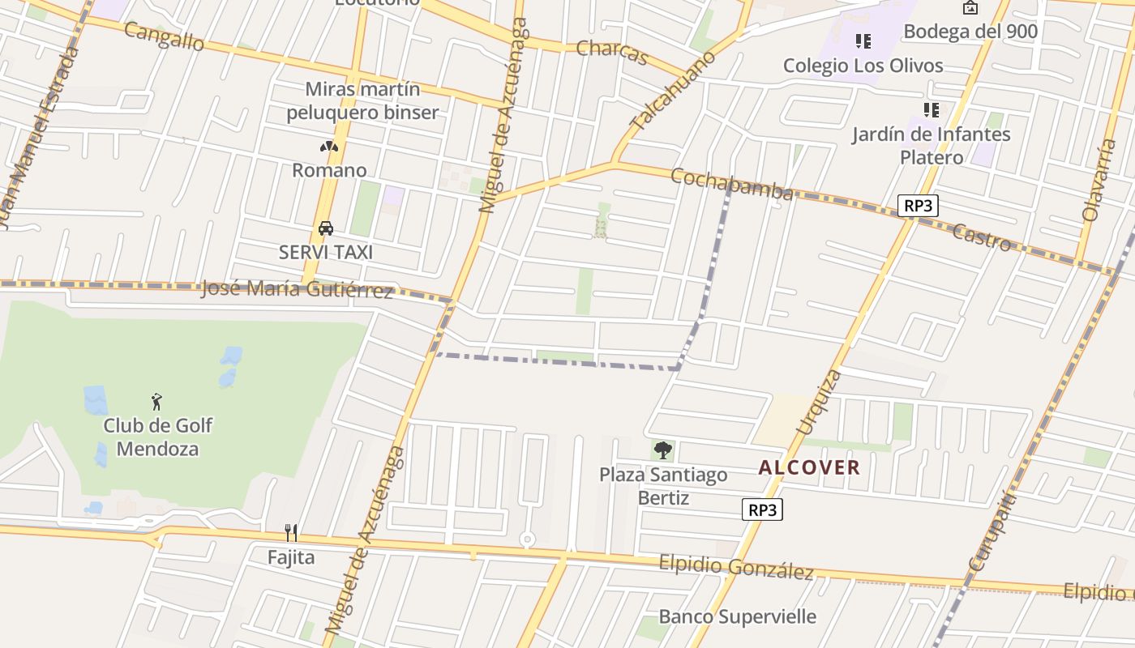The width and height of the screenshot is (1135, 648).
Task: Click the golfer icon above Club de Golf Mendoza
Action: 157,401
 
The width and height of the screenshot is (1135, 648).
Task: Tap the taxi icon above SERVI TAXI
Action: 326,228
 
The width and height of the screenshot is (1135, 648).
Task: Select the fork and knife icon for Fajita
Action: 291,532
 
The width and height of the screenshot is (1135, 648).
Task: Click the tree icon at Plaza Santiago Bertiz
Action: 663,450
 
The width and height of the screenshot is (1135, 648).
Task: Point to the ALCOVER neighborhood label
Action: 809,467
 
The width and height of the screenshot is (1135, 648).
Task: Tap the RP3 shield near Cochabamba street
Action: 918,206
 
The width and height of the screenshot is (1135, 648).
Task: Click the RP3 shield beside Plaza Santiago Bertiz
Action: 762,509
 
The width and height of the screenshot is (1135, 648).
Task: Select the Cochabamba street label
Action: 732,185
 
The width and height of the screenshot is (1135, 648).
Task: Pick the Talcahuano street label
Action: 673,91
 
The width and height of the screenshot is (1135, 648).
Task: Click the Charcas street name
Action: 612,52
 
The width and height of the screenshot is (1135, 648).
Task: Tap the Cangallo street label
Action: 164,36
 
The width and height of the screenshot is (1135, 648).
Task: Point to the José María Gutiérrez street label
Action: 297,289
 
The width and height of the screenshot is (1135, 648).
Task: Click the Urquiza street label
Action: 819,402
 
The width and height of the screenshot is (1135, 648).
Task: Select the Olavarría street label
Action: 1099,180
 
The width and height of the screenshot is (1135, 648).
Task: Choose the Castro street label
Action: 982,237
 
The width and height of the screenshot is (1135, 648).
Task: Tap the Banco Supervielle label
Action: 737,616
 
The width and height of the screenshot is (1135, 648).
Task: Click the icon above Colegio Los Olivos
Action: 863,40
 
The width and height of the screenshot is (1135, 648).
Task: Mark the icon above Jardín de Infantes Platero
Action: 931,109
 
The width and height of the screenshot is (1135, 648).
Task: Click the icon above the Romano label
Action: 328,147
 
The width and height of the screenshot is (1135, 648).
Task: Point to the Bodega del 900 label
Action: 970,32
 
